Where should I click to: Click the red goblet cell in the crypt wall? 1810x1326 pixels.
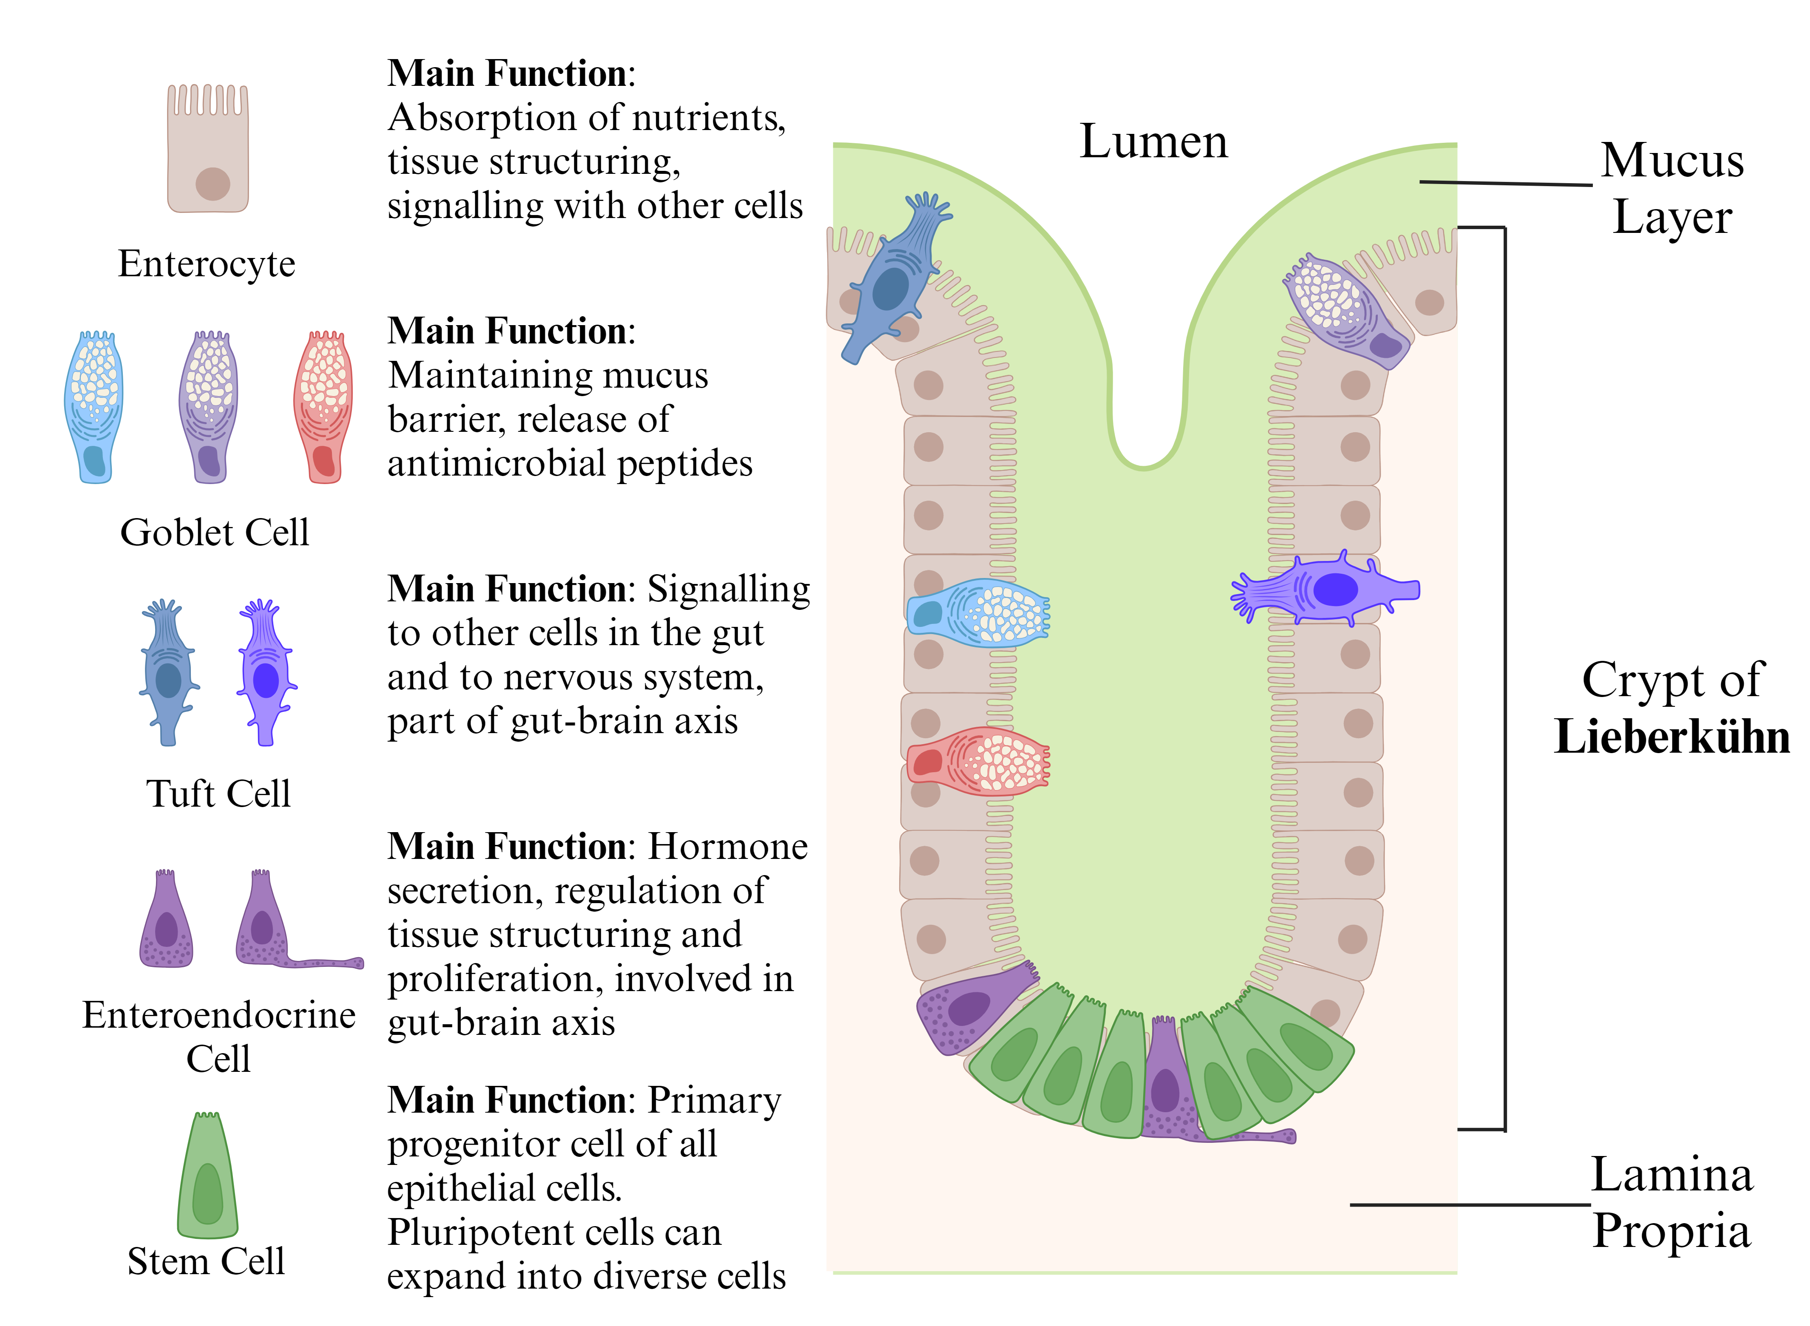pos(979,761)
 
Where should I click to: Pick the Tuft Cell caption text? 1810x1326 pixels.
pos(218,794)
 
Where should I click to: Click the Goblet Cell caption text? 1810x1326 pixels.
pos(214,532)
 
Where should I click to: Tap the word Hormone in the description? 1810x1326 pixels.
pos(727,847)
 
